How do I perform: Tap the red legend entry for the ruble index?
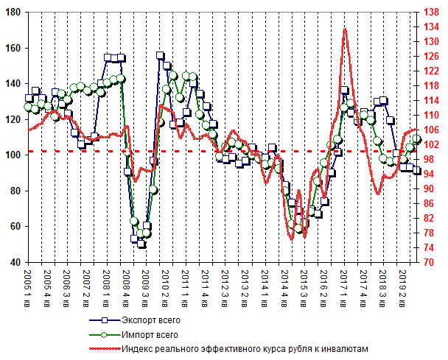coord(243,349)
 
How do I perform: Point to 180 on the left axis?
coord(13,13)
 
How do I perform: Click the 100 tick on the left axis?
coord(13,155)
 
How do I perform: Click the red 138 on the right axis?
coord(434,13)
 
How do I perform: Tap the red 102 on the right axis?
coord(434,144)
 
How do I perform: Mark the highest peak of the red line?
coord(345,29)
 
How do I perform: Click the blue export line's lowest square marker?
coord(141,244)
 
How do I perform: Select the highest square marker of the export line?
coord(160,56)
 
